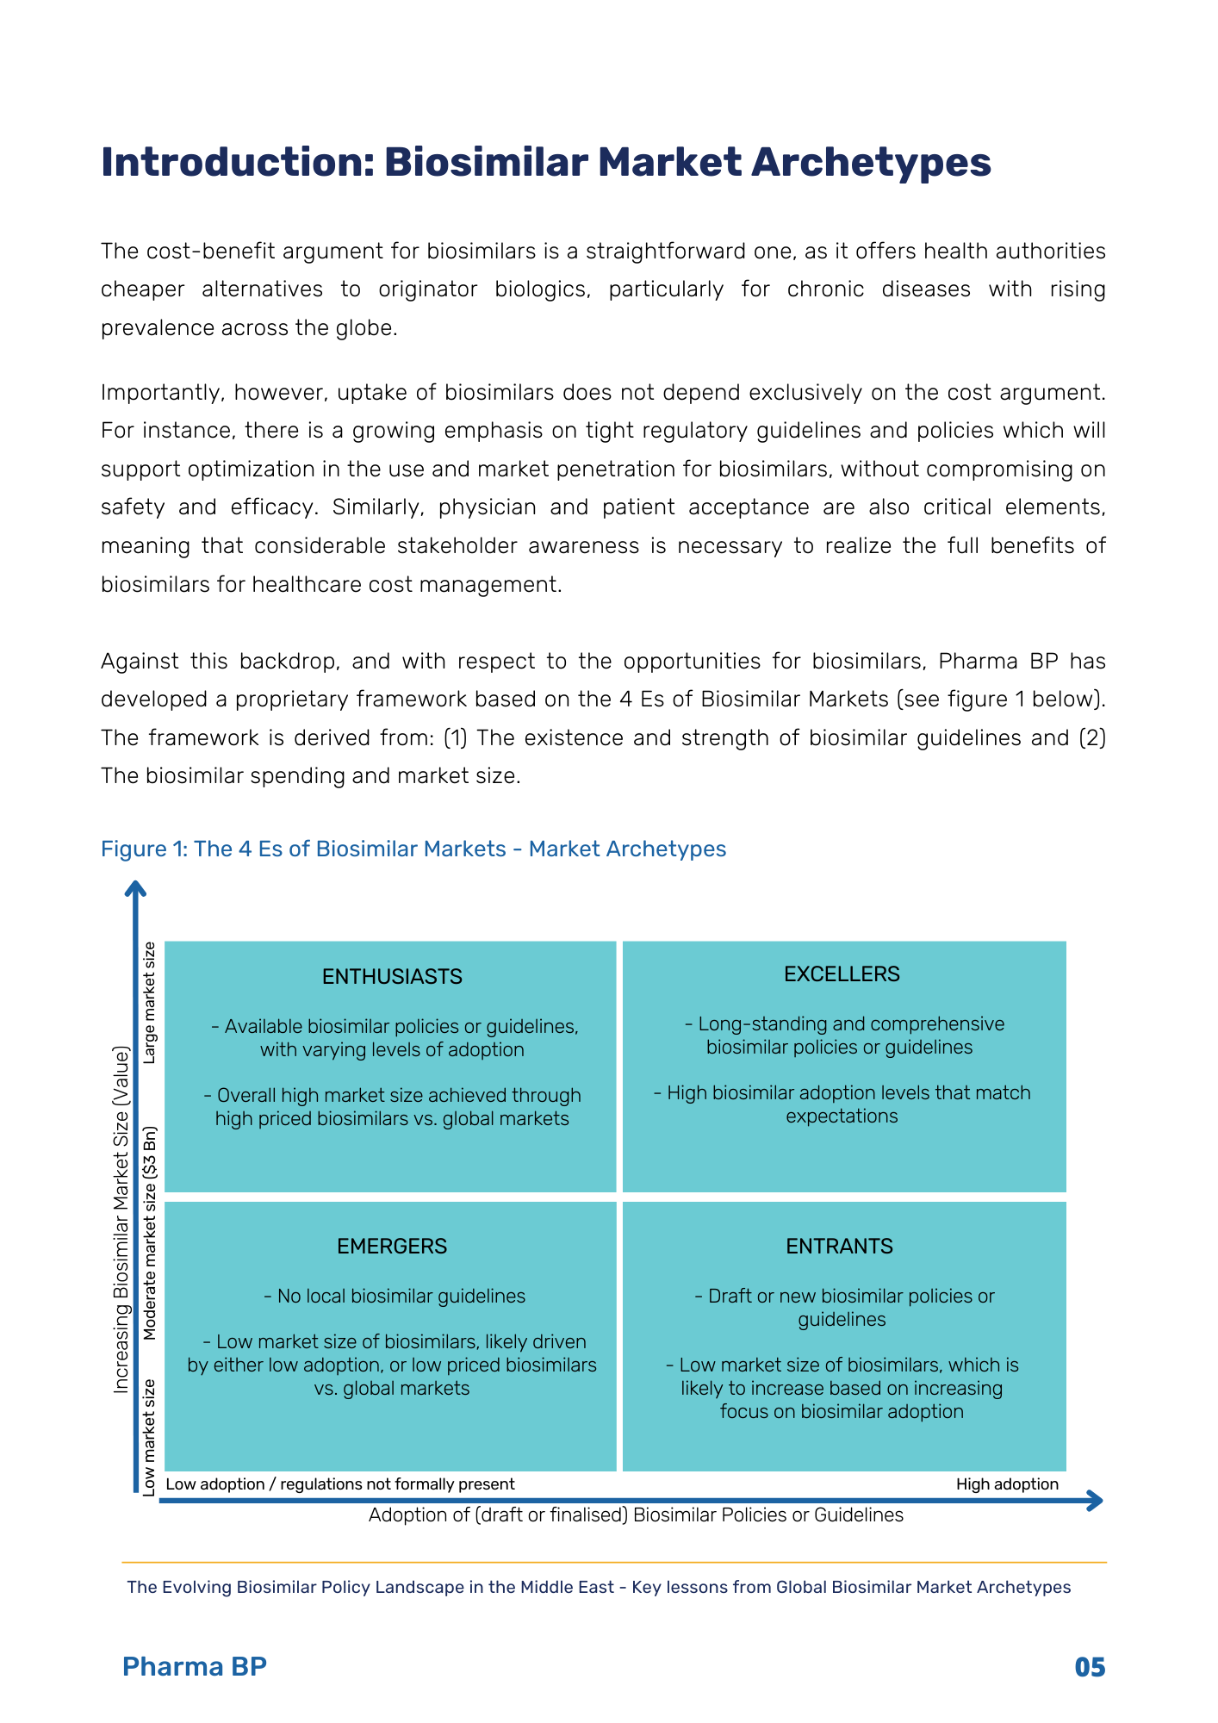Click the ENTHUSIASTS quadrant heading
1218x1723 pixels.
click(x=392, y=976)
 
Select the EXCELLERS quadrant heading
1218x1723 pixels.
click(x=842, y=973)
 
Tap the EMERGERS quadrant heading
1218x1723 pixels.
click(x=392, y=1246)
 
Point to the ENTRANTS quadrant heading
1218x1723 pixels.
click(x=839, y=1246)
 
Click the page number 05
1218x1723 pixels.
click(x=1090, y=1667)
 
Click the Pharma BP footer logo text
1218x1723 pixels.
click(x=195, y=1666)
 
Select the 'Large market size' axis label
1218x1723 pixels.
click(x=150, y=1002)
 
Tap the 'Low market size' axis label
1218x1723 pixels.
click(x=150, y=1437)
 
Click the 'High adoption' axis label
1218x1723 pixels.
click(x=1007, y=1484)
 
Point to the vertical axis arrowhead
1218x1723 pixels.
click(x=136, y=888)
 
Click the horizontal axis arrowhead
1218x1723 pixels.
click(x=1095, y=1501)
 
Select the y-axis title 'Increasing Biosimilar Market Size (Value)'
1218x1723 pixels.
click(x=121, y=1219)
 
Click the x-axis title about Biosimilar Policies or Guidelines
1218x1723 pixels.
click(x=636, y=1515)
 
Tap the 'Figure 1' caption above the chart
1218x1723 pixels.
click(x=413, y=849)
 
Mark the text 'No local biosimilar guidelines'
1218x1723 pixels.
click(x=394, y=1296)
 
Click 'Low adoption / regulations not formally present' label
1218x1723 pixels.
click(x=340, y=1484)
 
